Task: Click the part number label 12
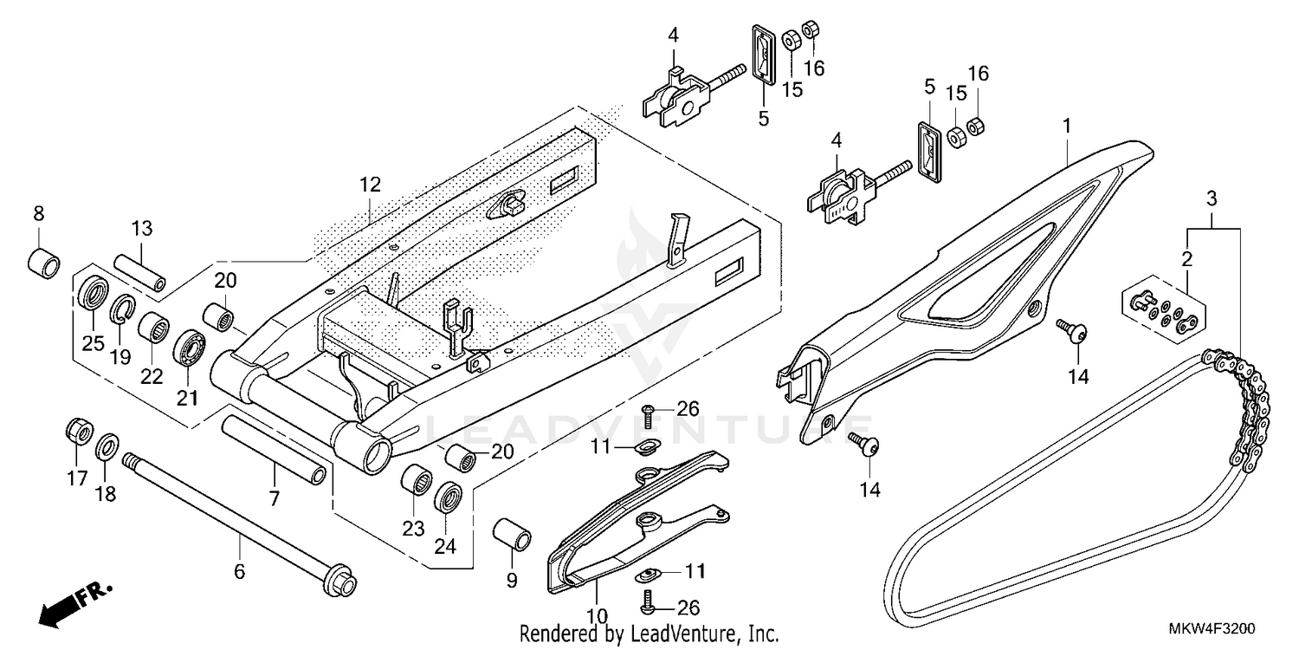(371, 185)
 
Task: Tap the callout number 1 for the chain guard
(1067, 127)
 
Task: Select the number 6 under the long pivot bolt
(240, 571)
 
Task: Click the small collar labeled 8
(44, 262)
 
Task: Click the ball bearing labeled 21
(189, 348)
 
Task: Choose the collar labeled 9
(511, 535)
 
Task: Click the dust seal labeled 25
(93, 292)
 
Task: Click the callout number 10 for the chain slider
(597, 616)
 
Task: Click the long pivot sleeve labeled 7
(275, 449)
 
